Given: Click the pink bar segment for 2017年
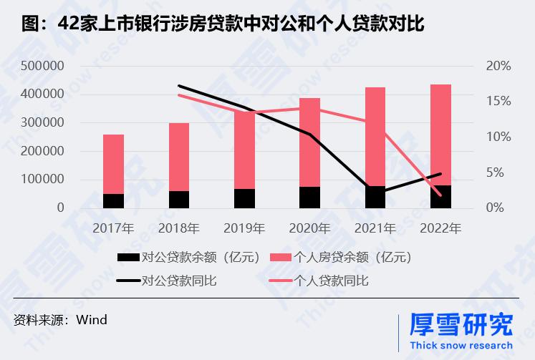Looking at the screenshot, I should tap(113, 164).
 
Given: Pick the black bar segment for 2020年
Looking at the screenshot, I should tap(309, 198).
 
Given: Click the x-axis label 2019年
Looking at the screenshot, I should tap(244, 229).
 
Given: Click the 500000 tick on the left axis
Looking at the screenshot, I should tap(42, 66).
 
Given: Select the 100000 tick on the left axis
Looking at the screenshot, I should tap(42, 180).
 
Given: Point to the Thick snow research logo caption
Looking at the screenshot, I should tap(460, 345).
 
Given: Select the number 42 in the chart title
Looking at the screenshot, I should tap(67, 24).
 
